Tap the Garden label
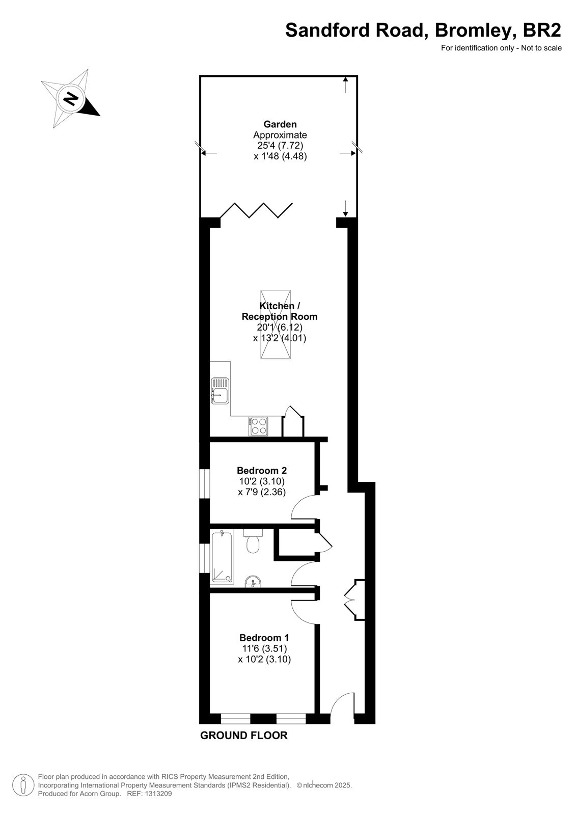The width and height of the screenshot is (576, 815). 280,124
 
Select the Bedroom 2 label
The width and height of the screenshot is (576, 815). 262,471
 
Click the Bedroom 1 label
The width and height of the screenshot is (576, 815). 264,638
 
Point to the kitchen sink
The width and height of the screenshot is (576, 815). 220,391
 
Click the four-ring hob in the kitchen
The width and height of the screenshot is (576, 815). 258,426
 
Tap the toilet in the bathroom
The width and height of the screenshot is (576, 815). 253,541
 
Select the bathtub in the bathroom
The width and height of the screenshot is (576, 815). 222,557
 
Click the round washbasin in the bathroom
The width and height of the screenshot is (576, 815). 253,581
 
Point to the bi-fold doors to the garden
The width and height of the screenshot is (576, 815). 257,210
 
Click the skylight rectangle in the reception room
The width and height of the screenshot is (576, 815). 276,324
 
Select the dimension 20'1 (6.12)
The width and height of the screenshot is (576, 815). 280,327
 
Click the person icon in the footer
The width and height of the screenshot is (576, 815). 23,785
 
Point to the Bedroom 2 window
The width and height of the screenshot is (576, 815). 205,483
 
